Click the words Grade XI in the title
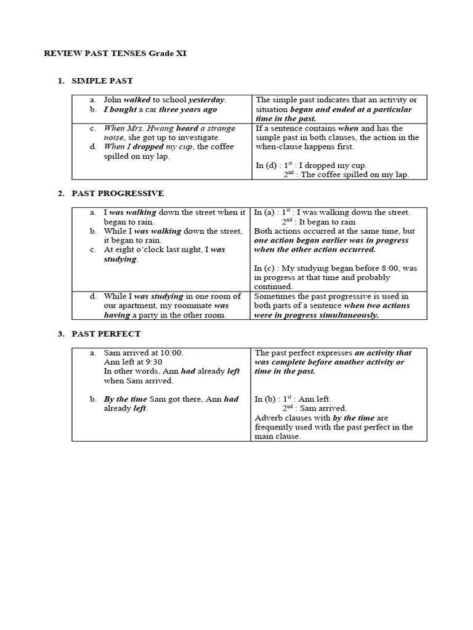(x=167, y=54)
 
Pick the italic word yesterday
(x=207, y=99)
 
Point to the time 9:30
(x=152, y=362)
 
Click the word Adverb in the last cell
(x=269, y=418)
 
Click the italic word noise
(x=115, y=137)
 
